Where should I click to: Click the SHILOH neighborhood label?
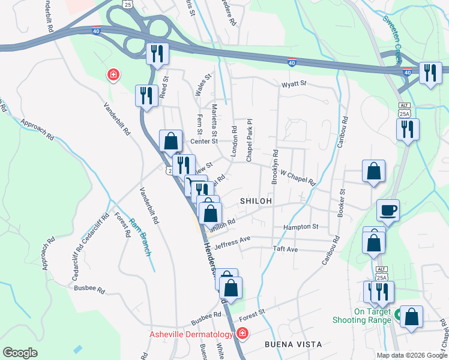click(x=256, y=201)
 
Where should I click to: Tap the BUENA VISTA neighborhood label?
click(x=294, y=344)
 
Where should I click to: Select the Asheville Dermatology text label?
click(x=191, y=334)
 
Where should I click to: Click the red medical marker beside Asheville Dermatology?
click(x=242, y=333)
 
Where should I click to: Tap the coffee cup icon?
click(x=388, y=211)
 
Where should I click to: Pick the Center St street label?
click(x=203, y=142)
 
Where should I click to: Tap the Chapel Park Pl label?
click(x=249, y=140)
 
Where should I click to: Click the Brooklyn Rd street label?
click(x=274, y=167)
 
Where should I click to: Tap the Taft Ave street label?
click(x=285, y=248)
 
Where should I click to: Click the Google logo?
click(x=20, y=353)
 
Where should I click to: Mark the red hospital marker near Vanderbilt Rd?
click(x=112, y=75)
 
